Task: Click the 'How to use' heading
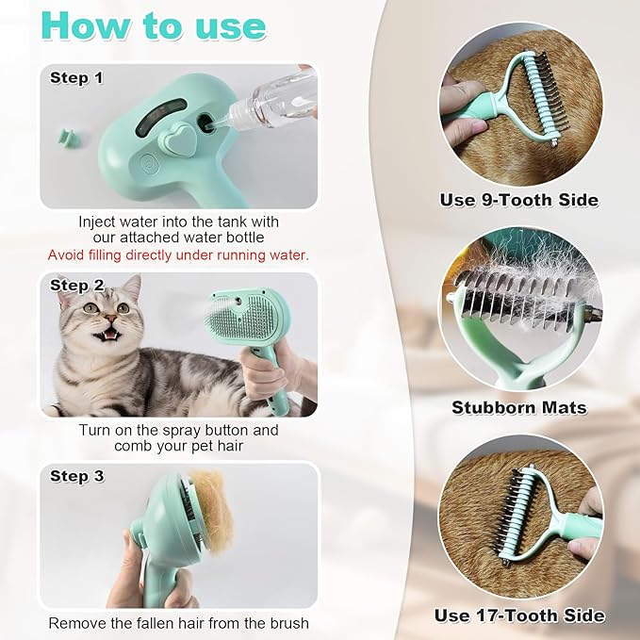click(x=154, y=25)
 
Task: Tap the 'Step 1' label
click(x=76, y=78)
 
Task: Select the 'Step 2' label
click(x=76, y=285)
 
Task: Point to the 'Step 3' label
click(x=76, y=476)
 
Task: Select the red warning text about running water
click(x=178, y=254)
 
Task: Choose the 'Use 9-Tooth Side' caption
click(x=518, y=200)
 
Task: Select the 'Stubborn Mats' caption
click(x=518, y=408)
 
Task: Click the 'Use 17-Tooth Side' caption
click(x=518, y=615)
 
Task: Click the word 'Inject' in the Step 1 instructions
click(x=98, y=222)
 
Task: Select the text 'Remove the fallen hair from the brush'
click(x=178, y=622)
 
